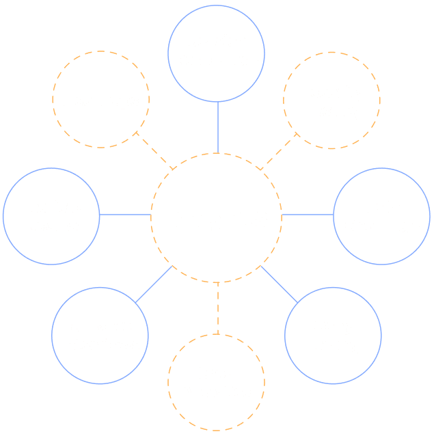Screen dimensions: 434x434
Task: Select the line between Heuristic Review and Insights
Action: tap(125, 215)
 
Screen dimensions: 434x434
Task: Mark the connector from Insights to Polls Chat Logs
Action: tap(307, 215)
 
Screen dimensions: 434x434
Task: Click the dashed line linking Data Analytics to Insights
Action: tap(217, 308)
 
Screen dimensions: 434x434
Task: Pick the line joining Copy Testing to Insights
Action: tap(279, 283)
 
